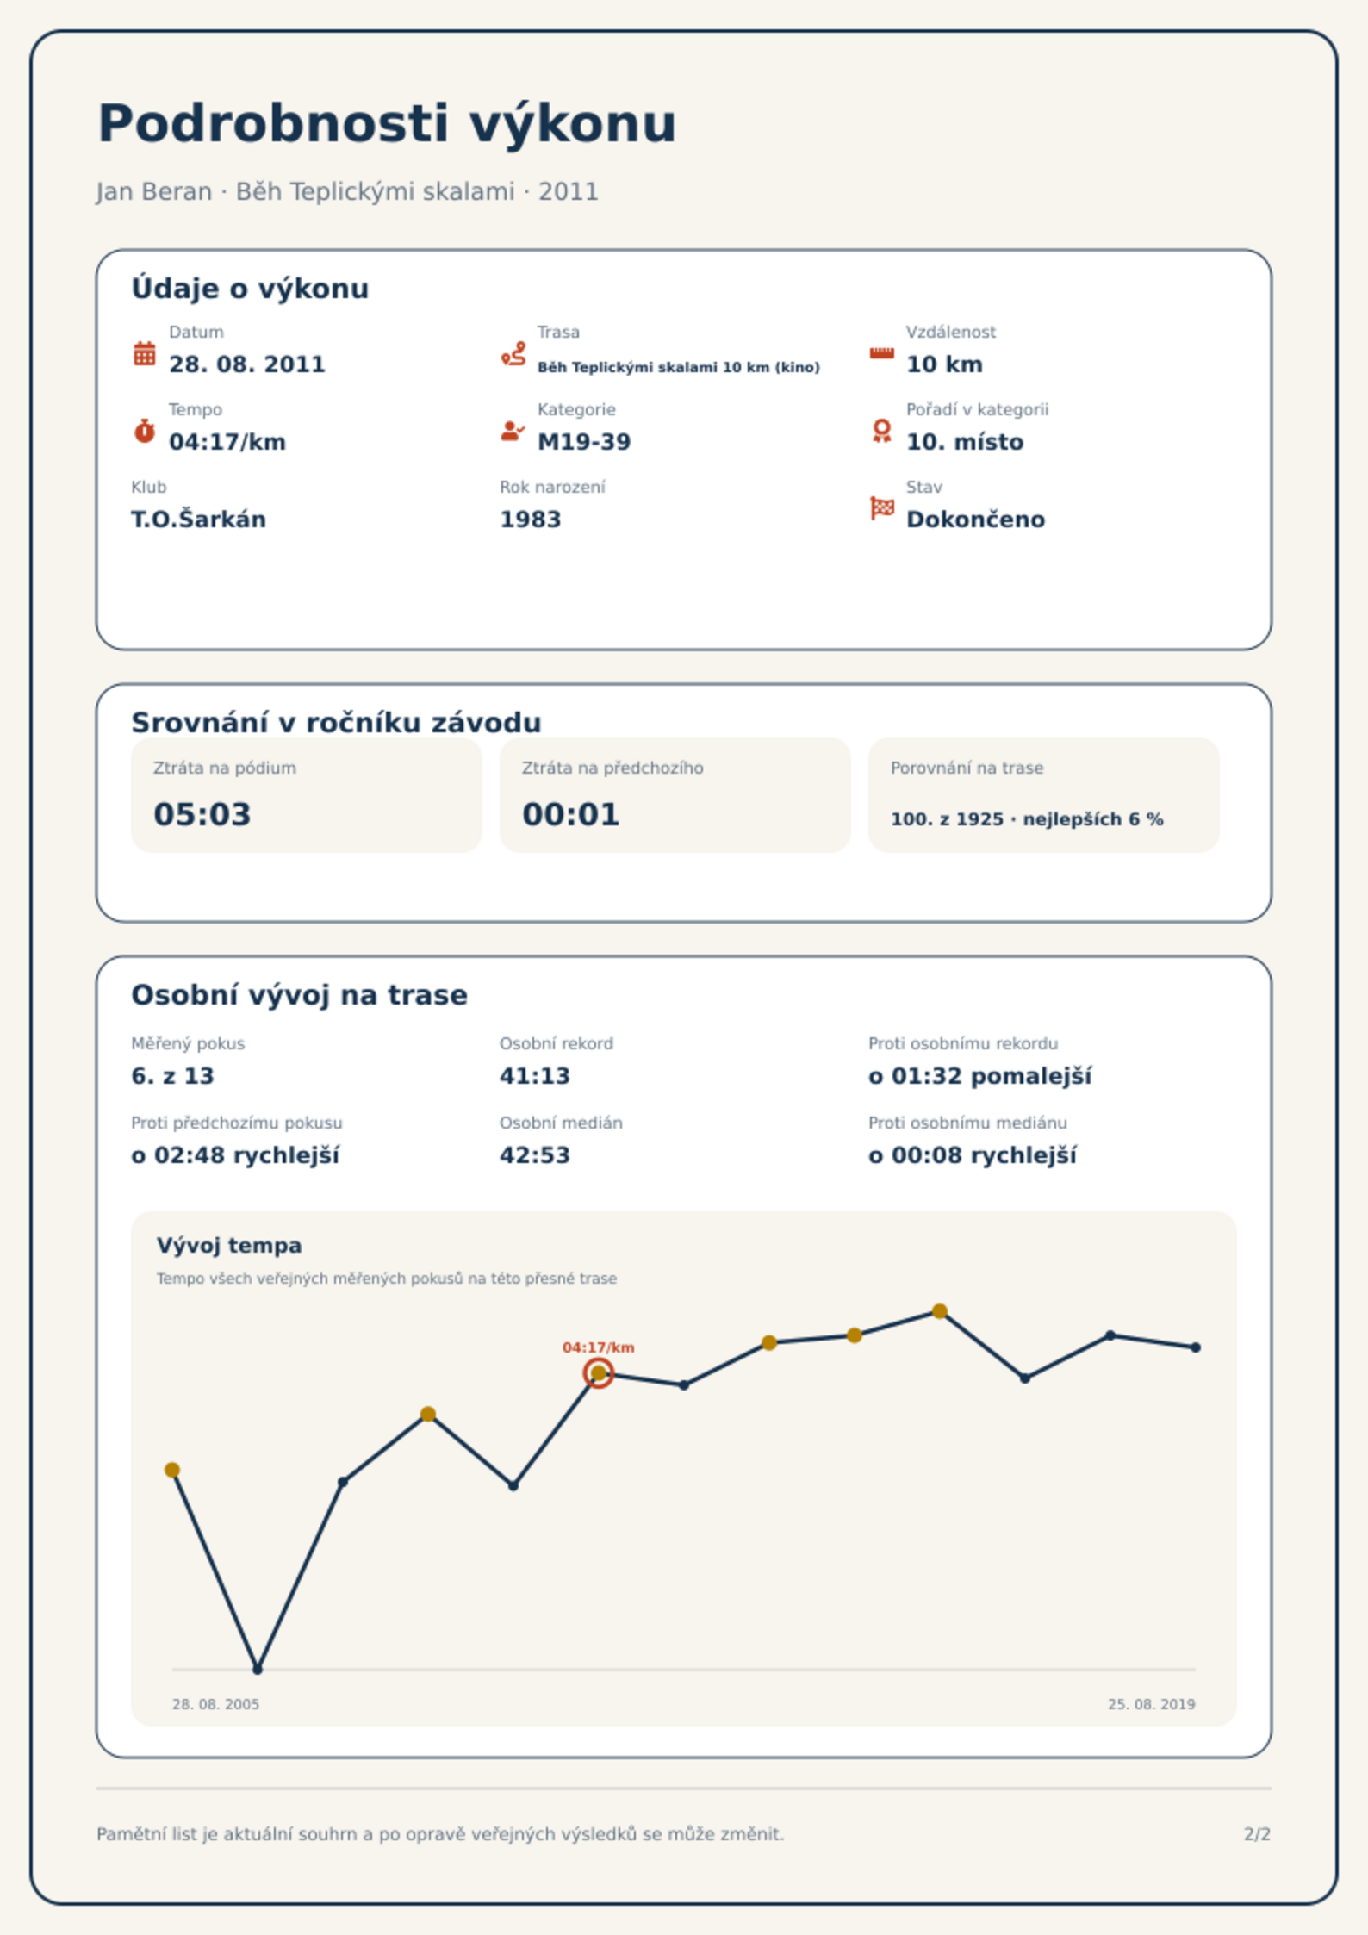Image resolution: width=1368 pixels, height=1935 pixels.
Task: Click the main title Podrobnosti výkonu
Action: point(387,124)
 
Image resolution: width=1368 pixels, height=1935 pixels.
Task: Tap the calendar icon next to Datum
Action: point(145,353)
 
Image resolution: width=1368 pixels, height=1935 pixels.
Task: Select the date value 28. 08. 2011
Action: point(247,364)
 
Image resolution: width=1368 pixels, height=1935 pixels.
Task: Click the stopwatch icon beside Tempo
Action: point(145,431)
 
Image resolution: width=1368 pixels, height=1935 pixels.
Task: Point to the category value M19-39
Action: point(584,442)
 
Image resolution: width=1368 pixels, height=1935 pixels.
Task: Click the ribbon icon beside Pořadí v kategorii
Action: point(881,431)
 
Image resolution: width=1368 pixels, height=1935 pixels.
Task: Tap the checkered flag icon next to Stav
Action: point(882,508)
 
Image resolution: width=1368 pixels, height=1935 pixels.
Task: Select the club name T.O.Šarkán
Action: point(198,520)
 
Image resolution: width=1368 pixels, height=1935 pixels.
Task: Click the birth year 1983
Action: point(531,520)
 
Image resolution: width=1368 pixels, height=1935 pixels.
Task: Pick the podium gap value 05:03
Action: point(202,814)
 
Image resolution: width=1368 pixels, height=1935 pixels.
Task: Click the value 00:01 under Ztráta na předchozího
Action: point(571,814)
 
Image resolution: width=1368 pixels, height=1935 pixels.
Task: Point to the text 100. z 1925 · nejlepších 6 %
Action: point(1027,819)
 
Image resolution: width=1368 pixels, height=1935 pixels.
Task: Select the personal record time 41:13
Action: point(535,1076)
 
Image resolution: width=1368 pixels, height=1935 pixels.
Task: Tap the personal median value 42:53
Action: point(535,1155)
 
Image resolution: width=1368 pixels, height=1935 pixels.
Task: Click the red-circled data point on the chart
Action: point(599,1373)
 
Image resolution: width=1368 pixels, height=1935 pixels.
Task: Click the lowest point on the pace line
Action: point(258,1669)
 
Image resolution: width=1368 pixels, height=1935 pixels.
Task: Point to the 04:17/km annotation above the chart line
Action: point(599,1347)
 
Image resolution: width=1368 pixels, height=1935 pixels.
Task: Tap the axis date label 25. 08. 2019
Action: point(1152,1704)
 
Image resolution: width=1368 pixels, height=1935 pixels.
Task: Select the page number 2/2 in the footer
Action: point(1258,1834)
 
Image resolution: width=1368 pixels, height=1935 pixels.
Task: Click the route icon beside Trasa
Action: point(513,353)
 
